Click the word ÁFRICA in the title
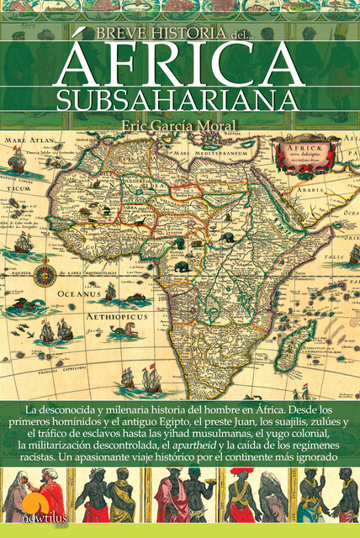click(x=180, y=62)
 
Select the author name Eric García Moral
click(x=180, y=127)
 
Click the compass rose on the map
click(x=45, y=273)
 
